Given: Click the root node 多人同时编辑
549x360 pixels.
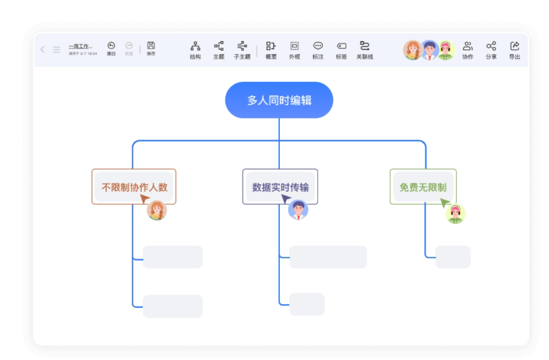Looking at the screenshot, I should [279, 100].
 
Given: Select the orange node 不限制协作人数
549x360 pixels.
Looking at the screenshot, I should [134, 187].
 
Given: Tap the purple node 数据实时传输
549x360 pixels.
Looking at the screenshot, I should [280, 187].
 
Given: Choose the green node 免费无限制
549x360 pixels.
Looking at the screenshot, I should [423, 187].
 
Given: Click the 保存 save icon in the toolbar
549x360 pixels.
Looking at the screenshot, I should [151, 48].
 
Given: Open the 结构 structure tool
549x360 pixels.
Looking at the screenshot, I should [195, 50].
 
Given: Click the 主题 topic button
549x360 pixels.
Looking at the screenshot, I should [219, 50].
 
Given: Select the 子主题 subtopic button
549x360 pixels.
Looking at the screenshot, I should [242, 50].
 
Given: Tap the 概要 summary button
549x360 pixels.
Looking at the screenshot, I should [271, 50].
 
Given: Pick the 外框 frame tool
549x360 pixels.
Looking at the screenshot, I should [294, 50].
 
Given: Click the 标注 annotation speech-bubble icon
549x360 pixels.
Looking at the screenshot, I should [318, 50].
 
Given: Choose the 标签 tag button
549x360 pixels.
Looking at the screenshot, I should [341, 50].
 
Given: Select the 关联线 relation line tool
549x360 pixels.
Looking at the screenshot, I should [364, 50].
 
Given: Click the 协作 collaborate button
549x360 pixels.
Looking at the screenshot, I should [468, 50].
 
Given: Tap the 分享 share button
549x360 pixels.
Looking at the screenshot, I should [491, 50].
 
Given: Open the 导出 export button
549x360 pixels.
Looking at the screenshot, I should [514, 50].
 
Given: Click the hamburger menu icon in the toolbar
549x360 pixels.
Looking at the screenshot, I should [56, 50].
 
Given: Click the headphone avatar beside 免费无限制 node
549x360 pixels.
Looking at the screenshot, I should [456, 213].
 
